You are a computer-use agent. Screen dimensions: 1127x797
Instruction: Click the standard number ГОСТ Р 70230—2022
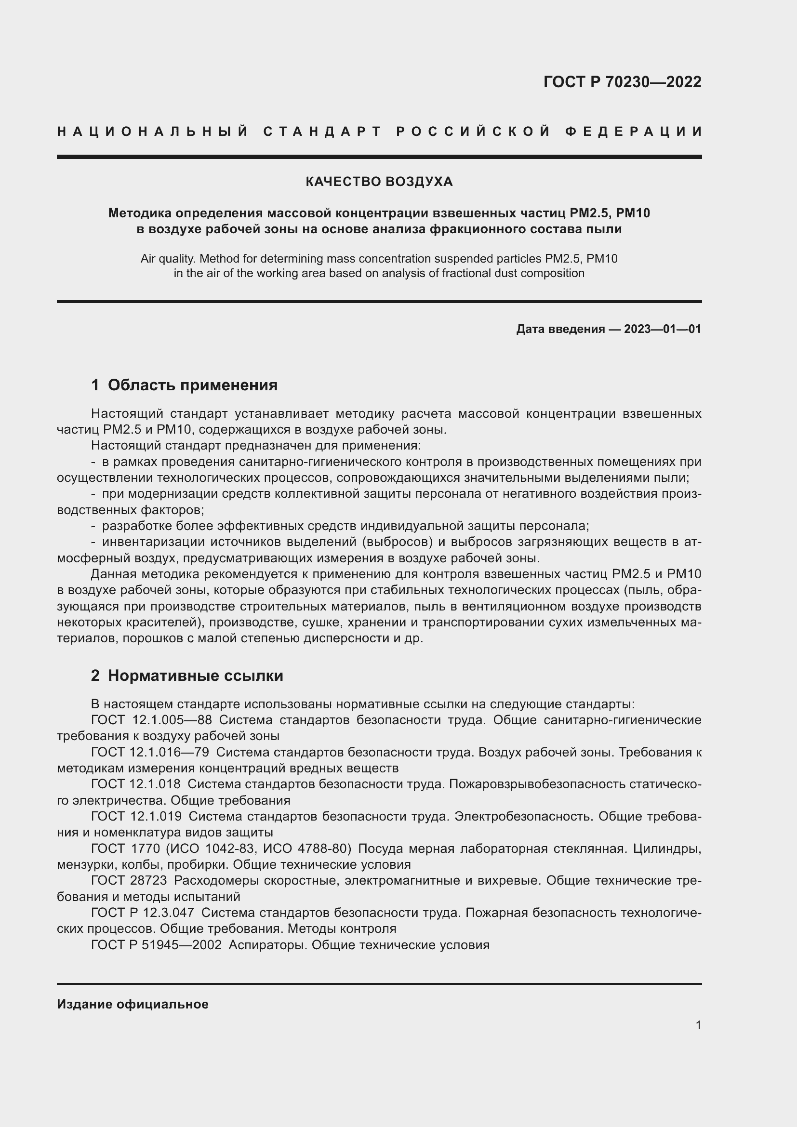[x=622, y=82]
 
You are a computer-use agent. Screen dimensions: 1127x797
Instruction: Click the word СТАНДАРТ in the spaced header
[x=322, y=132]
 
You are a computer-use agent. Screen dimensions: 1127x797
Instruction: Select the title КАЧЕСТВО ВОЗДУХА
[x=379, y=182]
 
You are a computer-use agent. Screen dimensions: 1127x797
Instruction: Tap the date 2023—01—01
[x=663, y=329]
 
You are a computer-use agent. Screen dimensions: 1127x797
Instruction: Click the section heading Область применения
[x=192, y=385]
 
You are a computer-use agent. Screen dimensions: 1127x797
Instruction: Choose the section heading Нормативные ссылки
[x=195, y=676]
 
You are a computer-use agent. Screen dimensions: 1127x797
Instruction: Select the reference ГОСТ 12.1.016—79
[x=150, y=752]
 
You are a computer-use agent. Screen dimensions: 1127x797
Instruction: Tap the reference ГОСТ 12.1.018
[x=135, y=784]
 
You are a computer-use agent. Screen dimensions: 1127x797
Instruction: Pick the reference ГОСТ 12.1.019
[x=136, y=816]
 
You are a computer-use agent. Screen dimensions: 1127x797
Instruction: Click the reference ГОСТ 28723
[x=129, y=881]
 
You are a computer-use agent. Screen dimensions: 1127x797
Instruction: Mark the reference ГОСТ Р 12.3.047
[x=142, y=913]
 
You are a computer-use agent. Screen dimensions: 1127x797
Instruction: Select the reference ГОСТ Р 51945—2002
[x=156, y=945]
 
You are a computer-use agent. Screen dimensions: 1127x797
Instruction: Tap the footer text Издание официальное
[x=133, y=1004]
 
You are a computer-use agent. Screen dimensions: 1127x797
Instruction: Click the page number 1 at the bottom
[x=698, y=1025]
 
